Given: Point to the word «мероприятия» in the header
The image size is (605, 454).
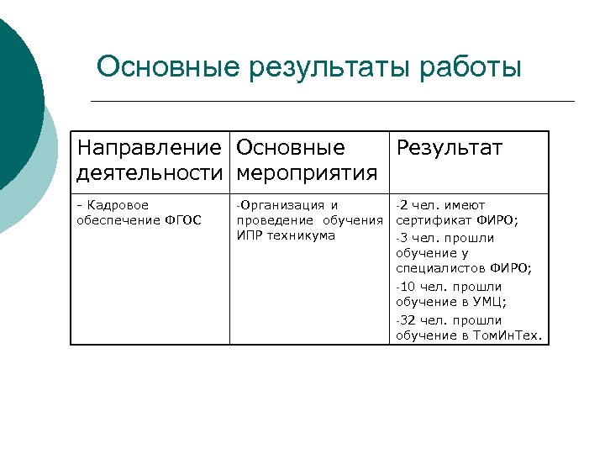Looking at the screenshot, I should point(307,173).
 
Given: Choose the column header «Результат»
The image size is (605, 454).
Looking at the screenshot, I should point(449,148).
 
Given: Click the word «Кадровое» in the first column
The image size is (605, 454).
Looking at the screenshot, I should point(118,205).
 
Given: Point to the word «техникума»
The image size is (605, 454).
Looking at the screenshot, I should point(301,235).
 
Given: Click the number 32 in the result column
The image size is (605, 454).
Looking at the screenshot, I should point(408,320).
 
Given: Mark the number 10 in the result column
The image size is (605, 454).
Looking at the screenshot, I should point(408,287).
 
